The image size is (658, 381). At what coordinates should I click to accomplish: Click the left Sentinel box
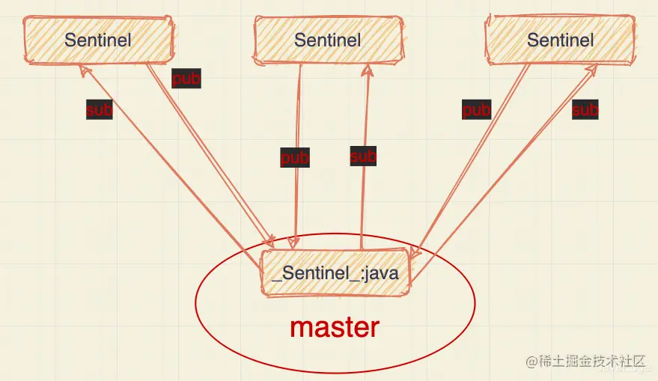98,40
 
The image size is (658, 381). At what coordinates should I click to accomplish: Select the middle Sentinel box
327,40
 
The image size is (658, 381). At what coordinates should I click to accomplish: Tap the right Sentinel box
560,40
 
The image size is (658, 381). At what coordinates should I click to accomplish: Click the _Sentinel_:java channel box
335,272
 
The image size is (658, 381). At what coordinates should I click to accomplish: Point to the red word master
335,326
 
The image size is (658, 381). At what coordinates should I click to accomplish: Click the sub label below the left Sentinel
99,110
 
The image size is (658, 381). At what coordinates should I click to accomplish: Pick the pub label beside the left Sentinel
186,78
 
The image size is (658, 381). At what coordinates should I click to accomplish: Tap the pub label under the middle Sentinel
295,158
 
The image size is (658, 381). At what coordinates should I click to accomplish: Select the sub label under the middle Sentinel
363,156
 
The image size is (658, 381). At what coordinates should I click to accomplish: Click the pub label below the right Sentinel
476,110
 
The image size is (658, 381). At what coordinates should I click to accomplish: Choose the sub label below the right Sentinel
585,110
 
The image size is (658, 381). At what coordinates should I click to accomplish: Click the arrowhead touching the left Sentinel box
85,69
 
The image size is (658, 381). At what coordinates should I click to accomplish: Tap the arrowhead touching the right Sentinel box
593,69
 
